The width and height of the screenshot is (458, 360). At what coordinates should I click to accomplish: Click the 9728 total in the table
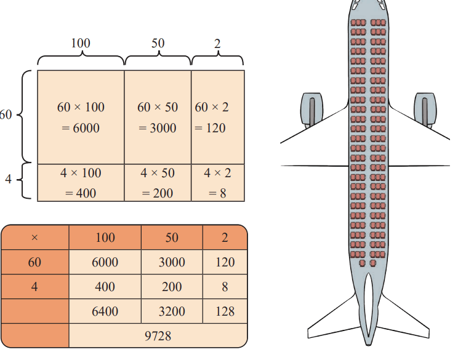(x=158, y=336)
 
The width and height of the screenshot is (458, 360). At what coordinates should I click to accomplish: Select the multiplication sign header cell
(x=34, y=238)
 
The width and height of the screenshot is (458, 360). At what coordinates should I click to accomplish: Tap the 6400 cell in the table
(x=105, y=311)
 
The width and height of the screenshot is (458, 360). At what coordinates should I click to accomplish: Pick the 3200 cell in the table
(x=172, y=311)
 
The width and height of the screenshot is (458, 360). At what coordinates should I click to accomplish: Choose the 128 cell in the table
(x=225, y=311)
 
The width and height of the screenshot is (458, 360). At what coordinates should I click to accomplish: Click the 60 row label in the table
(x=34, y=262)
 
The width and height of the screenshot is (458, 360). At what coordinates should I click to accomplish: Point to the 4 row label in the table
(x=34, y=286)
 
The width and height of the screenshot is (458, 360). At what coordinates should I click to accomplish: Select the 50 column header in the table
(x=172, y=238)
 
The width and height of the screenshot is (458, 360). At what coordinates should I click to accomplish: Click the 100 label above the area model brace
(x=81, y=43)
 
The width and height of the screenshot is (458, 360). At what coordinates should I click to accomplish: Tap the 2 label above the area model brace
(x=217, y=44)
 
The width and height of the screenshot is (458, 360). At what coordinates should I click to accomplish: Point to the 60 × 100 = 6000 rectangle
(x=81, y=117)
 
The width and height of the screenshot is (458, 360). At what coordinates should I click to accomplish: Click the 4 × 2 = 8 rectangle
(x=217, y=183)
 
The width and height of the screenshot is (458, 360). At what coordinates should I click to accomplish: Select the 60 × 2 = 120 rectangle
(x=217, y=117)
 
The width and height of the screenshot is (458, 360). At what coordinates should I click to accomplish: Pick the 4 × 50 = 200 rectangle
(x=158, y=183)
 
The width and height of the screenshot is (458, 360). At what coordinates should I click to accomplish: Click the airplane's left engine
(x=311, y=110)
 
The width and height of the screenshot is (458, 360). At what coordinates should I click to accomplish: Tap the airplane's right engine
(x=425, y=110)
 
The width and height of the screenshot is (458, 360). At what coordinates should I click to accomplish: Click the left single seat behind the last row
(x=363, y=263)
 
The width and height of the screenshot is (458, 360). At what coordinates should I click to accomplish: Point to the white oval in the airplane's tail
(x=369, y=305)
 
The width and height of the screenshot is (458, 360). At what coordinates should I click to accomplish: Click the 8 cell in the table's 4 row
(x=225, y=286)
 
